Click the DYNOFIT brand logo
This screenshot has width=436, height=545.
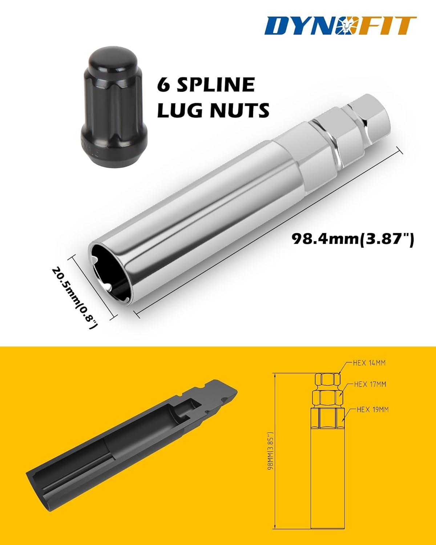pyautogui.click(x=340, y=25)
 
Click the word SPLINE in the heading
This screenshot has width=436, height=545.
pyautogui.click(x=215, y=85)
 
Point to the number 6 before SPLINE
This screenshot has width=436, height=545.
pyautogui.click(x=164, y=85)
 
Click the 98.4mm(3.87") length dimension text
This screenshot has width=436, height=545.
pyautogui.click(x=353, y=238)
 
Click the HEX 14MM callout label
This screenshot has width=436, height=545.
pyautogui.click(x=369, y=363)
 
